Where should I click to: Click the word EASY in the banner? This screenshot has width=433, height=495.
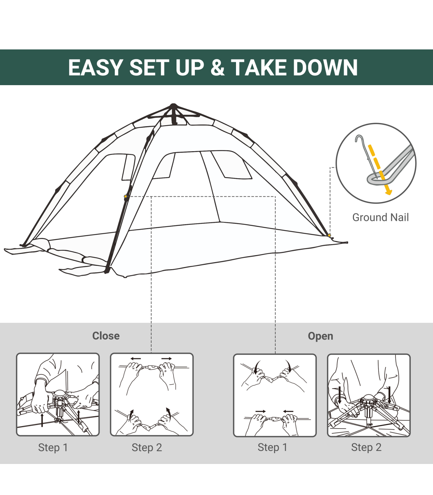[95, 67]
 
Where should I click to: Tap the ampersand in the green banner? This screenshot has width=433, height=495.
[218, 67]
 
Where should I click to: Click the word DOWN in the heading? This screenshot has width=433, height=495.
[325, 67]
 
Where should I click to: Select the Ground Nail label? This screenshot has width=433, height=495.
[381, 217]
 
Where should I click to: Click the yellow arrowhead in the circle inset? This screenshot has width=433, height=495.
[388, 192]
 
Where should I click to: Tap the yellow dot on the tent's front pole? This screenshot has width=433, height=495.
[126, 197]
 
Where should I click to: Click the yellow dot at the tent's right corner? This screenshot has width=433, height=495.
[329, 235]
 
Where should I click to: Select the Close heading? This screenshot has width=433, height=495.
[106, 336]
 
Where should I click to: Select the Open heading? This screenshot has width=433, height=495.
[320, 336]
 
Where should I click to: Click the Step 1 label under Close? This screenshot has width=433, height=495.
[53, 448]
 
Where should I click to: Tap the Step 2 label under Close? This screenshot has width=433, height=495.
[147, 448]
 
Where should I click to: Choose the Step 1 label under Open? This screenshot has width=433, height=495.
[273, 447]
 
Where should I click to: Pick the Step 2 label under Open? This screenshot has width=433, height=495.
[367, 447]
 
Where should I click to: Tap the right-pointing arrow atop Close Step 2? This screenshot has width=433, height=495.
[167, 359]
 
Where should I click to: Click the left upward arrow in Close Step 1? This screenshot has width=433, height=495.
[42, 420]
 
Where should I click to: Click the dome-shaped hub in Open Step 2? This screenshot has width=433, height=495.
[368, 398]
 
